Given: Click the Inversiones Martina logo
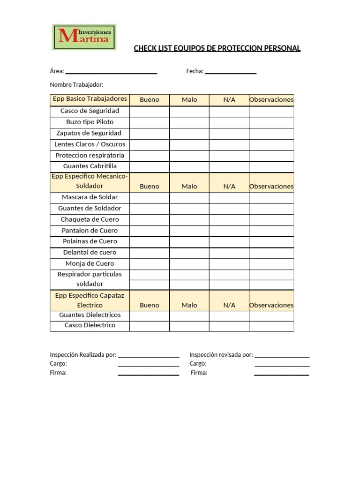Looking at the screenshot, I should [84, 37].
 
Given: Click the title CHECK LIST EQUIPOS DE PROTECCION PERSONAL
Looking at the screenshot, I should [217, 48].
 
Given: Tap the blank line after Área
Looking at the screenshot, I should [111, 72].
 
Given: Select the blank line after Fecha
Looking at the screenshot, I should [231, 72].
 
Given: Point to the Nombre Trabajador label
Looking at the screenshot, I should [76, 85].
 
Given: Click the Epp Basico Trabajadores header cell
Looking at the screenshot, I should [90, 99].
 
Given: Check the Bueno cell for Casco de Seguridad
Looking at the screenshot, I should [149, 112].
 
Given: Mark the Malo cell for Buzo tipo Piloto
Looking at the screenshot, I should [189, 122].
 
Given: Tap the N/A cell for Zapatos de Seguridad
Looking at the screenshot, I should [229, 134].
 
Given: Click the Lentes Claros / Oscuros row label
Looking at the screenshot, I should [90, 144].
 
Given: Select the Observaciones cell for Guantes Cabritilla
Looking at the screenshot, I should [271, 166].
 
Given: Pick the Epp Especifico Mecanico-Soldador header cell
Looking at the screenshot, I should [90, 181].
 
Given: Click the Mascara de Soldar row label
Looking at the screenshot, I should [90, 197].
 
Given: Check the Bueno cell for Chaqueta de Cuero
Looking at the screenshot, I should [149, 220].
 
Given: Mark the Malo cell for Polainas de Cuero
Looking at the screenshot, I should [189, 242].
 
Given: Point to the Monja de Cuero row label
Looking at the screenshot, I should [90, 263].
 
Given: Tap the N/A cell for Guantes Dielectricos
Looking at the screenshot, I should [229, 315].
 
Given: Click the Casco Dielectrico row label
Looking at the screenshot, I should [90, 325].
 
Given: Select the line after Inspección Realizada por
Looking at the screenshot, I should [149, 355].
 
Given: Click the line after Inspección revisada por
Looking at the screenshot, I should [282, 355].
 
